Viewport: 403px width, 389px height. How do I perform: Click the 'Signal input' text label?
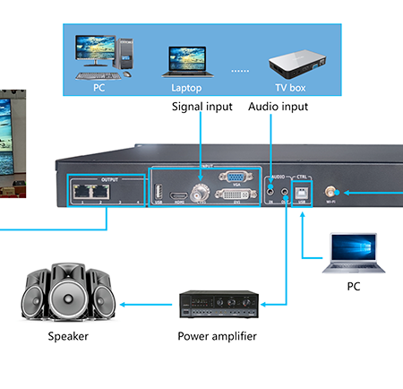tap(201, 107)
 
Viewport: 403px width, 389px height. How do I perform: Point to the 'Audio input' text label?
tap(277, 107)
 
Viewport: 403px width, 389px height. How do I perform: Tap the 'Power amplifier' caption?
tap(216, 336)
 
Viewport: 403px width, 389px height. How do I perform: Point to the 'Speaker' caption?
tap(69, 337)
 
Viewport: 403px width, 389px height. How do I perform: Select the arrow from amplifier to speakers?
tap(149, 304)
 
